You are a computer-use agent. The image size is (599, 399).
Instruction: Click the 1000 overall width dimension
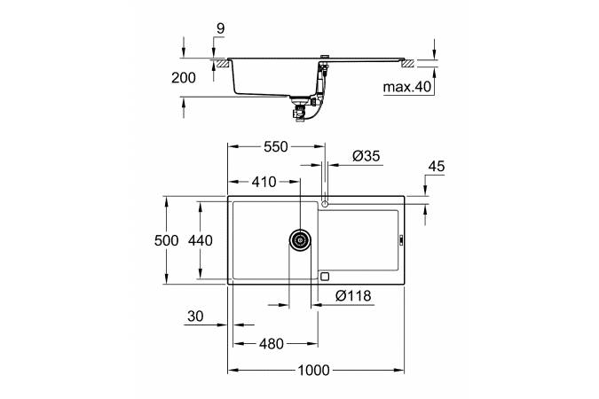[313, 370]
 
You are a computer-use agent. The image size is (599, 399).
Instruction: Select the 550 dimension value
[275, 146]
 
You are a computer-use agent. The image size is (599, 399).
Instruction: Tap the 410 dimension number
[264, 182]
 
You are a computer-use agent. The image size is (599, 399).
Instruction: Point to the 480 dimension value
[272, 344]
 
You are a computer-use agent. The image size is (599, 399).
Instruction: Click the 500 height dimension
[166, 240]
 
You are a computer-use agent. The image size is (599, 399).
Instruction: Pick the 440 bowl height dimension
[201, 240]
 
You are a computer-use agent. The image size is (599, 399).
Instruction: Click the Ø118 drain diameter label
[353, 295]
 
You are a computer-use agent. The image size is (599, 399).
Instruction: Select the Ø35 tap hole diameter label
[366, 156]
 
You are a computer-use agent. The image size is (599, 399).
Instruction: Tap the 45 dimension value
[437, 167]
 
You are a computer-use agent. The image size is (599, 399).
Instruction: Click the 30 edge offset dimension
[195, 317]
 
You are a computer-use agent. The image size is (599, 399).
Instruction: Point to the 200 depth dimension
[184, 78]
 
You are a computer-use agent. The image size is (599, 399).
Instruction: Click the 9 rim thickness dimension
[221, 28]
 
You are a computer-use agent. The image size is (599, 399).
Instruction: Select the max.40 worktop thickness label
[406, 87]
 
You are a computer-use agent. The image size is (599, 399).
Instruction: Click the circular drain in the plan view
[300, 240]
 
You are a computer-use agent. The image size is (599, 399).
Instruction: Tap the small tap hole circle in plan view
[325, 204]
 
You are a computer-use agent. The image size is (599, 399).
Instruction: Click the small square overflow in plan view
[325, 277]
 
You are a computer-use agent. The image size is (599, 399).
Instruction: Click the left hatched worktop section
[222, 63]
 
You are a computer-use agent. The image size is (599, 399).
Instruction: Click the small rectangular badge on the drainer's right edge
[401, 239]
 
